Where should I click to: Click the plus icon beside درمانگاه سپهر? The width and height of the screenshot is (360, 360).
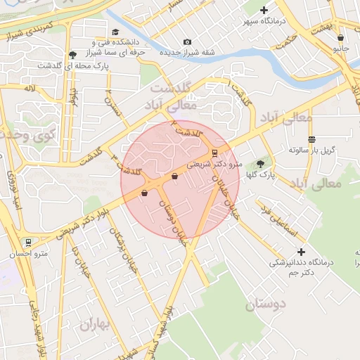coord(264,10)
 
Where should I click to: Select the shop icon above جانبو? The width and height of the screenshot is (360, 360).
coord(340,38)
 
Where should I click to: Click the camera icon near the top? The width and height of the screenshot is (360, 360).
coord(186,41)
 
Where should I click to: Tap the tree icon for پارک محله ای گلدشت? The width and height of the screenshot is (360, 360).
coord(72,54)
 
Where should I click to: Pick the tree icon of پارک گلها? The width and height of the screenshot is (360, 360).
coord(260,164)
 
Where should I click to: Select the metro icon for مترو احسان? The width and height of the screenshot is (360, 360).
coord(27,242)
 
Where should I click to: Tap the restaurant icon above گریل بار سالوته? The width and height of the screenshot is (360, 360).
coord(311,139)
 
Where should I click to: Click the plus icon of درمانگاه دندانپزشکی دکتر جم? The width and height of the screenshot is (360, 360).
coord(302,252)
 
